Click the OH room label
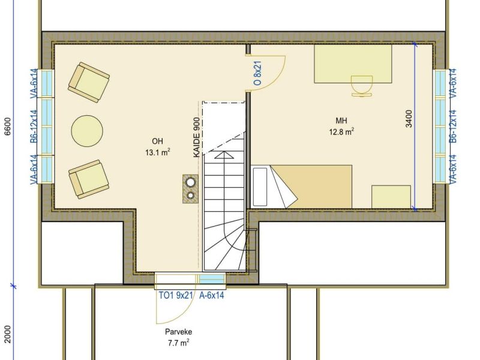[157, 141]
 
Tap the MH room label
[341, 121]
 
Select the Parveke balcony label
[178, 332]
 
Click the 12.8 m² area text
[341, 132]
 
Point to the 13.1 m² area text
[158, 152]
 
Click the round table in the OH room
[87, 131]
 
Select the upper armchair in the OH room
[89, 82]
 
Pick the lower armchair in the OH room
[88, 179]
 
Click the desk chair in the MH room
[362, 86]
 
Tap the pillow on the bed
[260, 187]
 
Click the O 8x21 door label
[258, 73]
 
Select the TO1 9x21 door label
[176, 295]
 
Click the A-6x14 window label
[212, 295]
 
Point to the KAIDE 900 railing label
[197, 137]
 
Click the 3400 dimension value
[409, 119]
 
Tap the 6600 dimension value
[8, 126]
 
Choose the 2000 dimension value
[8, 334]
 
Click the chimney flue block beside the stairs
[190, 189]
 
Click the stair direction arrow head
[224, 155]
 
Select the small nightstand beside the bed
[391, 197]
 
